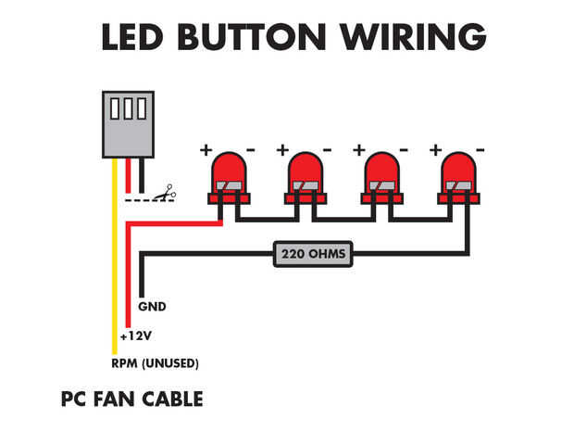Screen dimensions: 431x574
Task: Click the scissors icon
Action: [x=167, y=195]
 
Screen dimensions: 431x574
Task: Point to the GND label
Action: [x=152, y=305]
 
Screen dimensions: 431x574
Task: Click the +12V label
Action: [x=135, y=336]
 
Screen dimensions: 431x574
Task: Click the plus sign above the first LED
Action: [x=206, y=149]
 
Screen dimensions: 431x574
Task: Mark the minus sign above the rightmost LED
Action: [x=480, y=149]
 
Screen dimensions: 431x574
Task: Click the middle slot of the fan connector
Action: [x=129, y=109]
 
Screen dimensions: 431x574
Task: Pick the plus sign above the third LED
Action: [x=359, y=149]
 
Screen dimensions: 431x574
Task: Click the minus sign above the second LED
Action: [x=327, y=149]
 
